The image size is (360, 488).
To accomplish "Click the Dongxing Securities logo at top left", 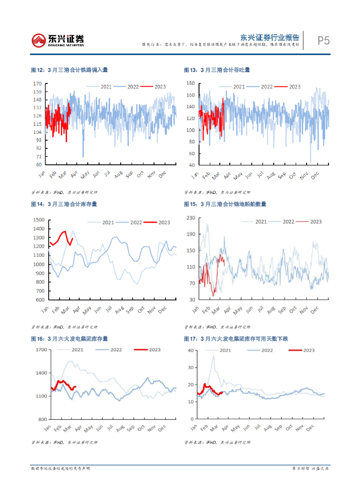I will pyautogui.click(x=58, y=40).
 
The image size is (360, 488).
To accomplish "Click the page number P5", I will pyautogui.click(x=324, y=41).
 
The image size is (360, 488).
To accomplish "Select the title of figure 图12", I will pyautogui.click(x=69, y=70).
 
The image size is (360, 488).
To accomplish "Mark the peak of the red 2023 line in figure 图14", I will pyautogui.click(x=65, y=232).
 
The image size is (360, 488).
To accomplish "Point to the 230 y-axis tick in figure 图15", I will pyautogui.click(x=191, y=218).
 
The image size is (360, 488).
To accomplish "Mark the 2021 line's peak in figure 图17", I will pyautogui.click(x=214, y=356).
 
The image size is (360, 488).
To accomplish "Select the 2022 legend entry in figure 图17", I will pyautogui.click(x=267, y=350).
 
